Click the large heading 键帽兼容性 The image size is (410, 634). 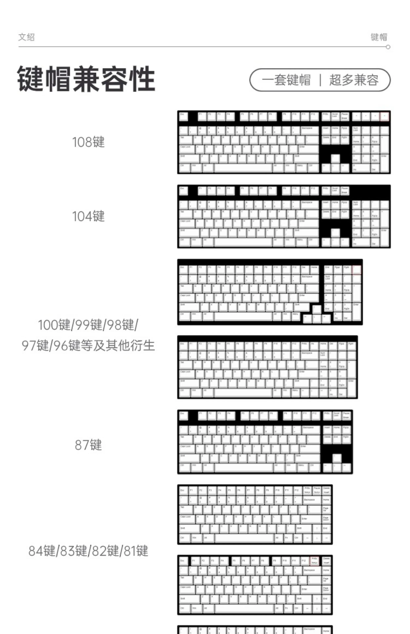click(86, 79)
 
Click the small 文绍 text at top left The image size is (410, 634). click(26, 37)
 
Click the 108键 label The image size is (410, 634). click(88, 142)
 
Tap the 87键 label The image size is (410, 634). click(88, 445)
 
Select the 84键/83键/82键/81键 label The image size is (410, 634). click(88, 551)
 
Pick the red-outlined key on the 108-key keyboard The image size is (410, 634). click(384, 116)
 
